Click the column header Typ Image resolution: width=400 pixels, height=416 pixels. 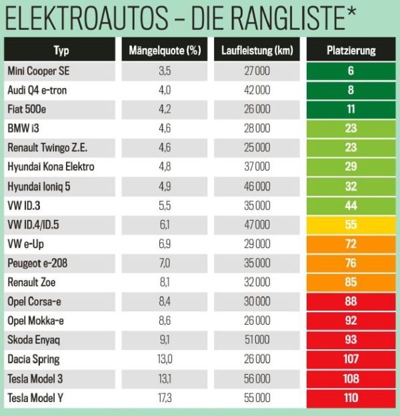(61, 50)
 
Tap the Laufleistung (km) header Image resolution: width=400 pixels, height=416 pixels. (257, 50)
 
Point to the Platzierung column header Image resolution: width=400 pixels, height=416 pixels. (351, 50)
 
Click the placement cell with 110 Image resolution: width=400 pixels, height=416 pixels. (351, 398)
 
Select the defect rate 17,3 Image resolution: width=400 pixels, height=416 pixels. (165, 398)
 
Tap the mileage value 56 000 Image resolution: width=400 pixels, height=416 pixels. (256, 379)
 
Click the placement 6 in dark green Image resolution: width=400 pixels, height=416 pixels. (351, 70)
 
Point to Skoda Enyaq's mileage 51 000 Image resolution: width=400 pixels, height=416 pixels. (256, 340)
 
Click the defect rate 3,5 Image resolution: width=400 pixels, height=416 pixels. (165, 70)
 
